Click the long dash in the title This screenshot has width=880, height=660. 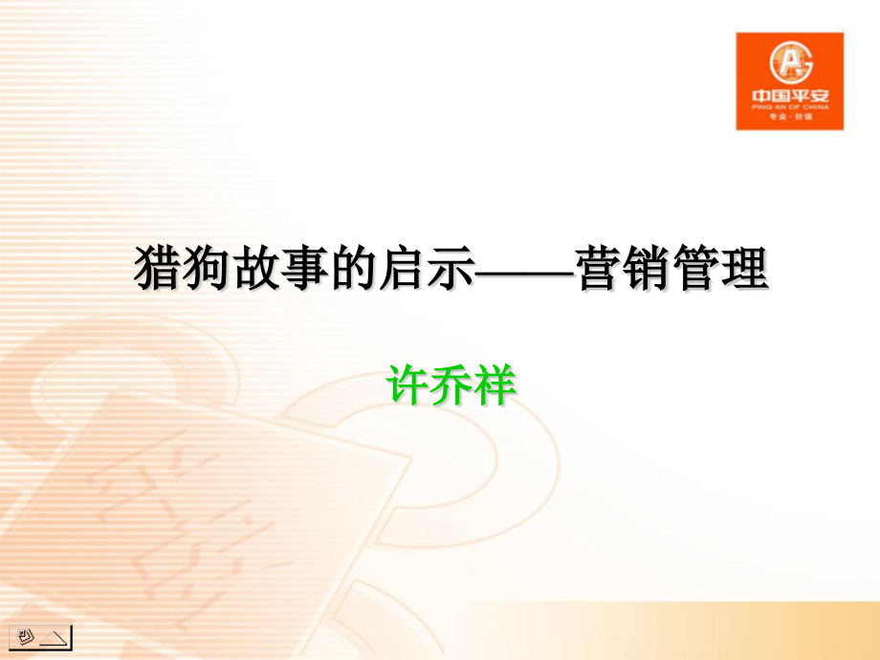click(x=524, y=272)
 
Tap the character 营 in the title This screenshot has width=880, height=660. click(x=599, y=270)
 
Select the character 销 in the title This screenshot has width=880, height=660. click(x=649, y=270)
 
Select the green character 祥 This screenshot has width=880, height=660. click(x=495, y=385)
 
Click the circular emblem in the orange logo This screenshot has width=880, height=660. click(x=789, y=64)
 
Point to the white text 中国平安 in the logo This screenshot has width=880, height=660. click(x=789, y=98)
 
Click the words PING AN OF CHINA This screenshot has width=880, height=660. click(x=789, y=109)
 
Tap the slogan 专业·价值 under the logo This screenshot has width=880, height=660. click(x=789, y=121)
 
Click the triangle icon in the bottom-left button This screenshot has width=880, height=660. click(x=55, y=636)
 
